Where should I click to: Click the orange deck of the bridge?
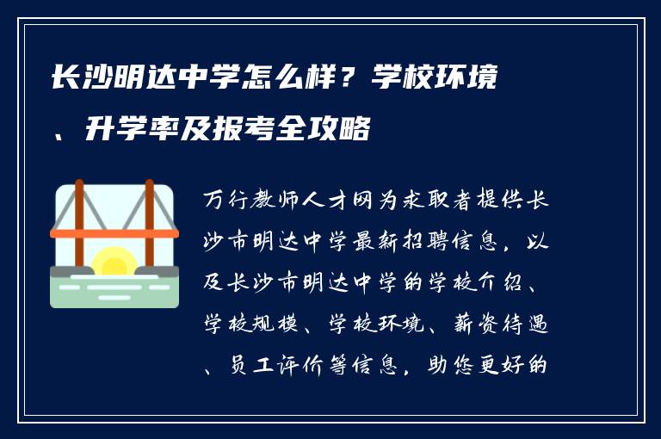[114, 233]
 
